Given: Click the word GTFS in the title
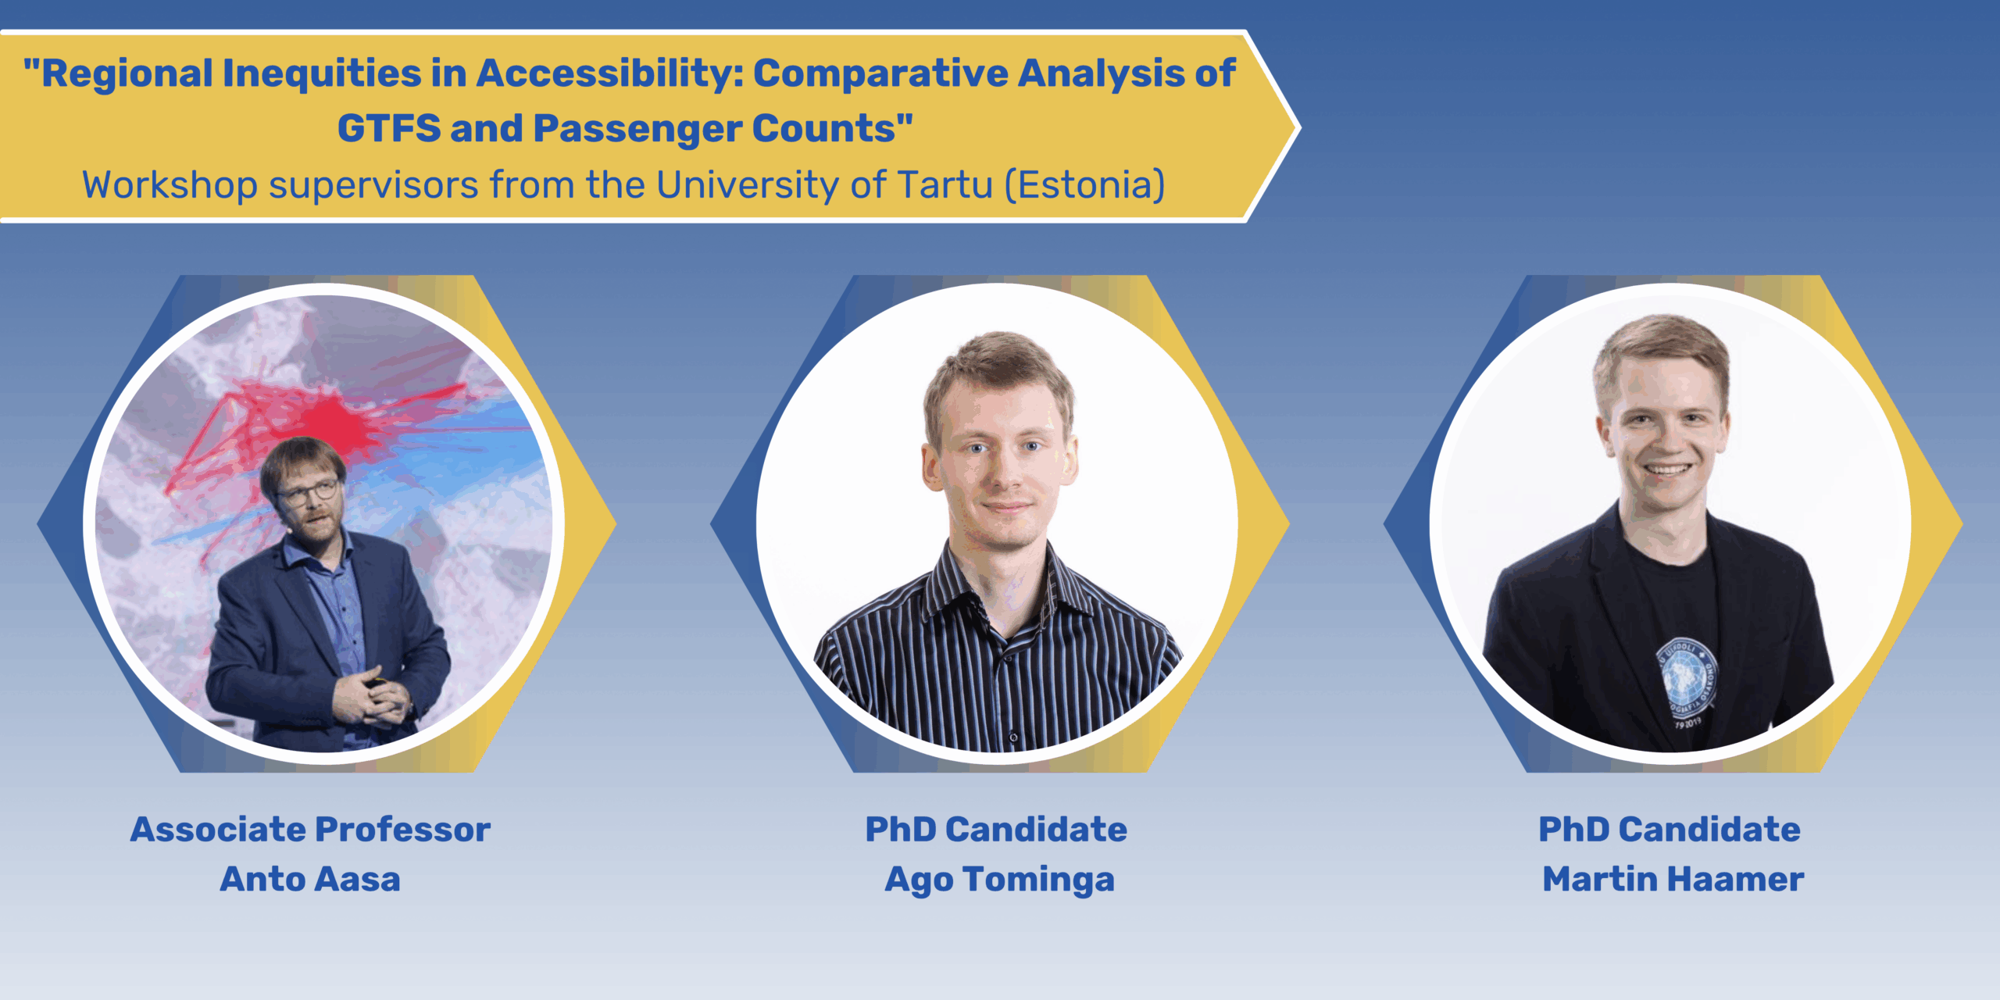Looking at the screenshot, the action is pyautogui.click(x=389, y=128).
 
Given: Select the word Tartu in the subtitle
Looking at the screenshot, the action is pyautogui.click(x=945, y=185).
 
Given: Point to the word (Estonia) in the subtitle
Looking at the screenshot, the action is pyautogui.click(x=1085, y=185).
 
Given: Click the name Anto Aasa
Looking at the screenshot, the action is pyautogui.click(x=310, y=879).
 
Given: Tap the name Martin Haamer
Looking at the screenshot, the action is pyautogui.click(x=1673, y=879).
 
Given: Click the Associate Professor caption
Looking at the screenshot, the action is pyautogui.click(x=310, y=830).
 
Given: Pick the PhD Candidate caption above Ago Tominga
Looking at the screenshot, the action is pyautogui.click(x=996, y=830).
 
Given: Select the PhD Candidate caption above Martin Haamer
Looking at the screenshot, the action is pyautogui.click(x=1670, y=830).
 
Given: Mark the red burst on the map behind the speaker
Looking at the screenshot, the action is pyautogui.click(x=332, y=426).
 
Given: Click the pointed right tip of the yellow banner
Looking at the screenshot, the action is pyautogui.click(x=1299, y=127).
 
